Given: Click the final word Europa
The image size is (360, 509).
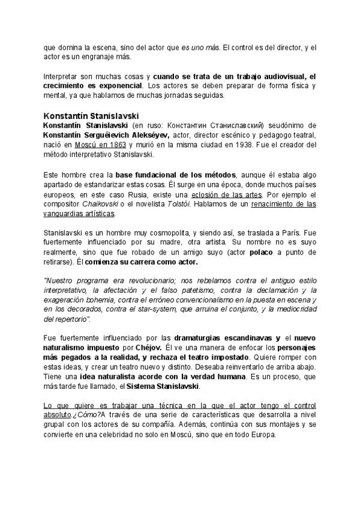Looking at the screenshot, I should point(260,435).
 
